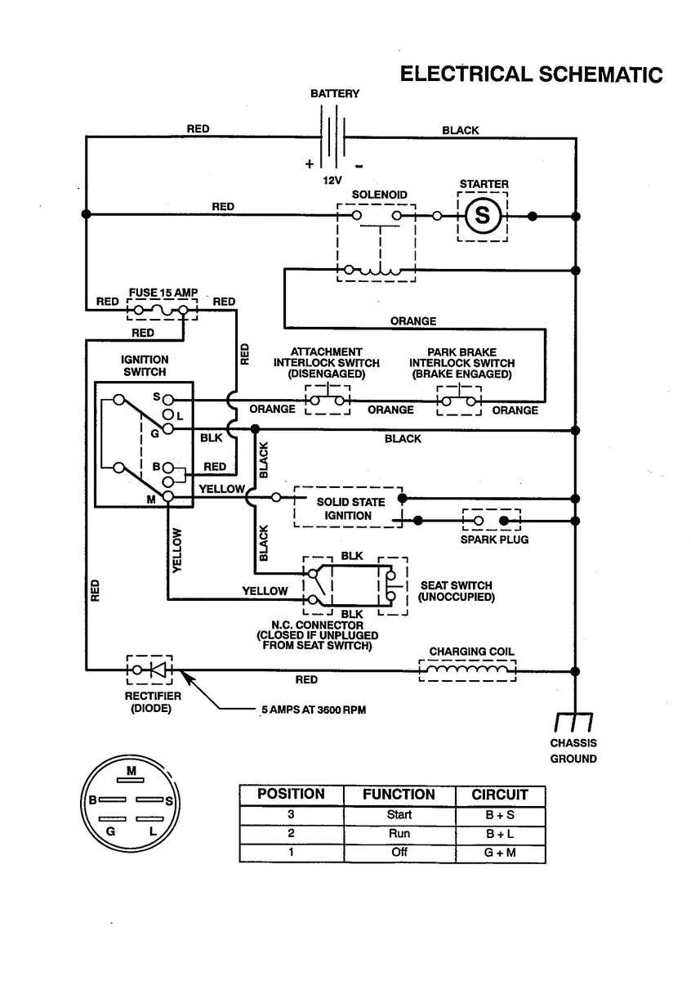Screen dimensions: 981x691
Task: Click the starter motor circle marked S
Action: (482, 217)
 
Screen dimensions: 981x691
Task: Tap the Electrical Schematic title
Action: (530, 74)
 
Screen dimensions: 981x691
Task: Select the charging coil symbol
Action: (468, 670)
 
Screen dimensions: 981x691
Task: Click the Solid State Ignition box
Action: (348, 508)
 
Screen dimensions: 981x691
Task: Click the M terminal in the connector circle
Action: (131, 771)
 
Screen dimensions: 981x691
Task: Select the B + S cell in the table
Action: (500, 815)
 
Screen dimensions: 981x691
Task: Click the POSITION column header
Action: (291, 795)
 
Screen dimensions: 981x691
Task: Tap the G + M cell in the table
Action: (500, 853)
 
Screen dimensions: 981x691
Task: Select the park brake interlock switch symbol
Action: (461, 401)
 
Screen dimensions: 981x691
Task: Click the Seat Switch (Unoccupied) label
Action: (456, 591)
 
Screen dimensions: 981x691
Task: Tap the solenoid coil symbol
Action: (373, 271)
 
